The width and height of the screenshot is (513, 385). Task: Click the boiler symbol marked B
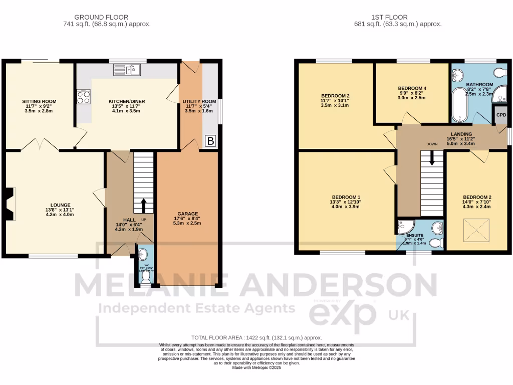[210, 142]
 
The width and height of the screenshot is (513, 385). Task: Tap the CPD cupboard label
[501, 115]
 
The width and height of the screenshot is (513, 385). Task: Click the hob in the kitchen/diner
[84, 96]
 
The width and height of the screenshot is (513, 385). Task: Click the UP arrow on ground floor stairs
[143, 206]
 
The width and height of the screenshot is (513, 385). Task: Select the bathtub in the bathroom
[459, 106]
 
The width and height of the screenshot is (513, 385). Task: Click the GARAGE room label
[187, 213]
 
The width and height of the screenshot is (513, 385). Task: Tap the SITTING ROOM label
[39, 101]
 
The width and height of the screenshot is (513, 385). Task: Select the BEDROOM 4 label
[412, 88]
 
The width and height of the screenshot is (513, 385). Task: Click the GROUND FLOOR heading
[101, 17]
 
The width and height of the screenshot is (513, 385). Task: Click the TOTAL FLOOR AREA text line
[256, 338]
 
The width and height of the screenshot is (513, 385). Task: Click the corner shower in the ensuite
[403, 227]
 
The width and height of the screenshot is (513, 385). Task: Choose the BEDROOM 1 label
[346, 197]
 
